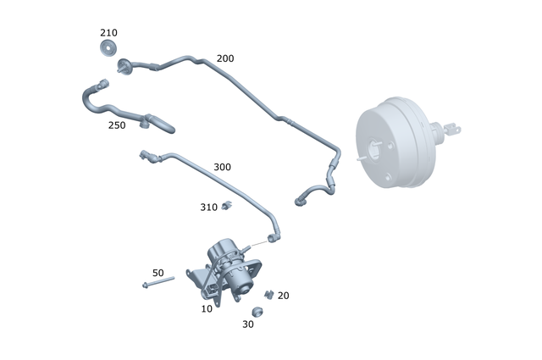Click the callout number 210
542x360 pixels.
(x=108, y=33)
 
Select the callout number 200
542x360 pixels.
(x=225, y=58)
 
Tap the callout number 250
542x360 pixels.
(x=117, y=125)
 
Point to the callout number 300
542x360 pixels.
(x=222, y=167)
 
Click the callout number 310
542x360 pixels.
(x=208, y=207)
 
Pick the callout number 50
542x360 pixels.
(x=158, y=273)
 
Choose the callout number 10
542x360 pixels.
(x=207, y=309)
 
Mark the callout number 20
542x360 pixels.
(x=283, y=296)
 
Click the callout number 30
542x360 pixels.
(x=248, y=324)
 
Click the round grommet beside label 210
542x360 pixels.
(x=108, y=48)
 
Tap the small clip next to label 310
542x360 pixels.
(x=227, y=205)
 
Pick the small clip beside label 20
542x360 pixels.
(x=268, y=294)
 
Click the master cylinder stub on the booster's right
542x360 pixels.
(x=447, y=131)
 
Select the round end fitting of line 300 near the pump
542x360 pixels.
(x=273, y=238)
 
